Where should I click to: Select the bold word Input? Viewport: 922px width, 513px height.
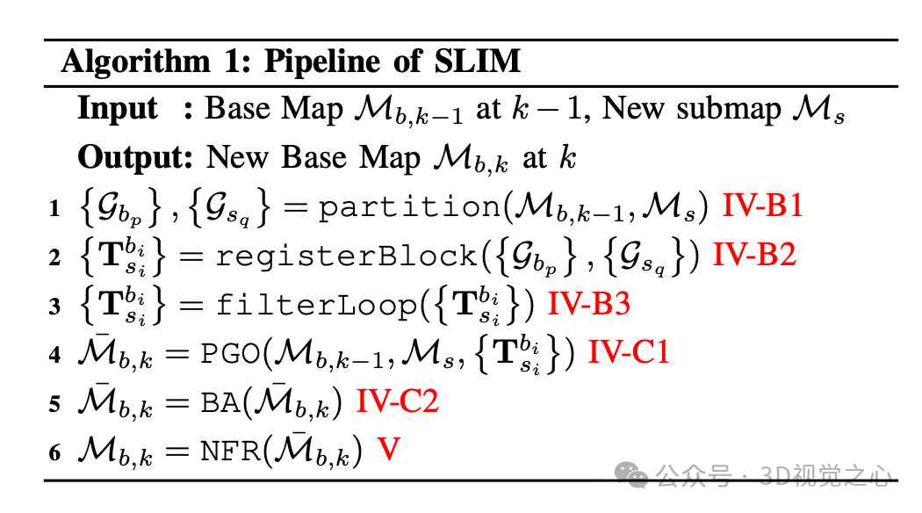pyautogui.click(x=118, y=109)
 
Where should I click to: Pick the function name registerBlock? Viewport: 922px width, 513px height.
pyautogui.click(x=348, y=256)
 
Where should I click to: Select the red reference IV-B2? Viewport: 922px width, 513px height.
pyautogui.click(x=754, y=256)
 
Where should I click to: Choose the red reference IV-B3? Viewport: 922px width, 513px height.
pyautogui.click(x=589, y=305)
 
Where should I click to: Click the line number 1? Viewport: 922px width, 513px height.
pyautogui.click(x=55, y=209)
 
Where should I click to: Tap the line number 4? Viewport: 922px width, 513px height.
pyautogui.click(x=55, y=356)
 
